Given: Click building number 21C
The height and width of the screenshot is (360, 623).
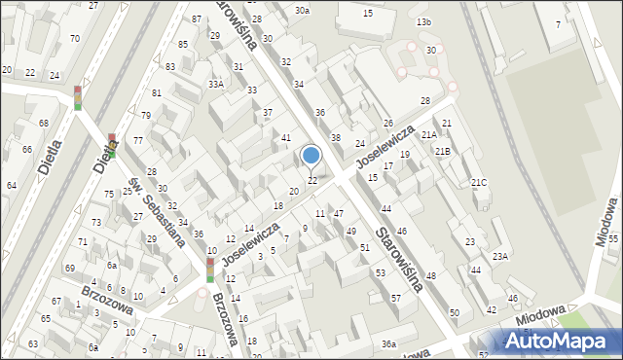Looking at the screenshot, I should (479, 183).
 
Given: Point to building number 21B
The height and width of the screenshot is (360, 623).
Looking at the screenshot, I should (443, 152).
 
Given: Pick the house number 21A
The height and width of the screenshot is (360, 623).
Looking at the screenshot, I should (428, 134).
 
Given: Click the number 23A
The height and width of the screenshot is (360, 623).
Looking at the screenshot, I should (499, 256).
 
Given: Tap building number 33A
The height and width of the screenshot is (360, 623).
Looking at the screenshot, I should (215, 85).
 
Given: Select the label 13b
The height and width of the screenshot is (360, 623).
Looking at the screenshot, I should (422, 21).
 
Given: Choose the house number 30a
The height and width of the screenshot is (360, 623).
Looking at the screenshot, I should (303, 11).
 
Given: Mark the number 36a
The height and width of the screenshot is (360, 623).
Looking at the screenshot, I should (388, 344).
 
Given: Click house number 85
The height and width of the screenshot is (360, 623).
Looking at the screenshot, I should (183, 45).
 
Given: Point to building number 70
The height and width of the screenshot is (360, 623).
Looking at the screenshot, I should (75, 39).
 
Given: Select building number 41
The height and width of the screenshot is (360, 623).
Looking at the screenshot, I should (286, 138).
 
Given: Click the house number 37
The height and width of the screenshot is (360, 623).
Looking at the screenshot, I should (268, 113).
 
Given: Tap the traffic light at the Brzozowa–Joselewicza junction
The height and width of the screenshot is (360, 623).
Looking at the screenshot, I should (210, 270).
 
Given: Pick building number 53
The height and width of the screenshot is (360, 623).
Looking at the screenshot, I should (380, 273).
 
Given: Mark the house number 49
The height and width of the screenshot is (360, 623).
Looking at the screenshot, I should (350, 231).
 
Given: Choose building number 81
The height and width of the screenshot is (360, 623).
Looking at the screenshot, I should (156, 93).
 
